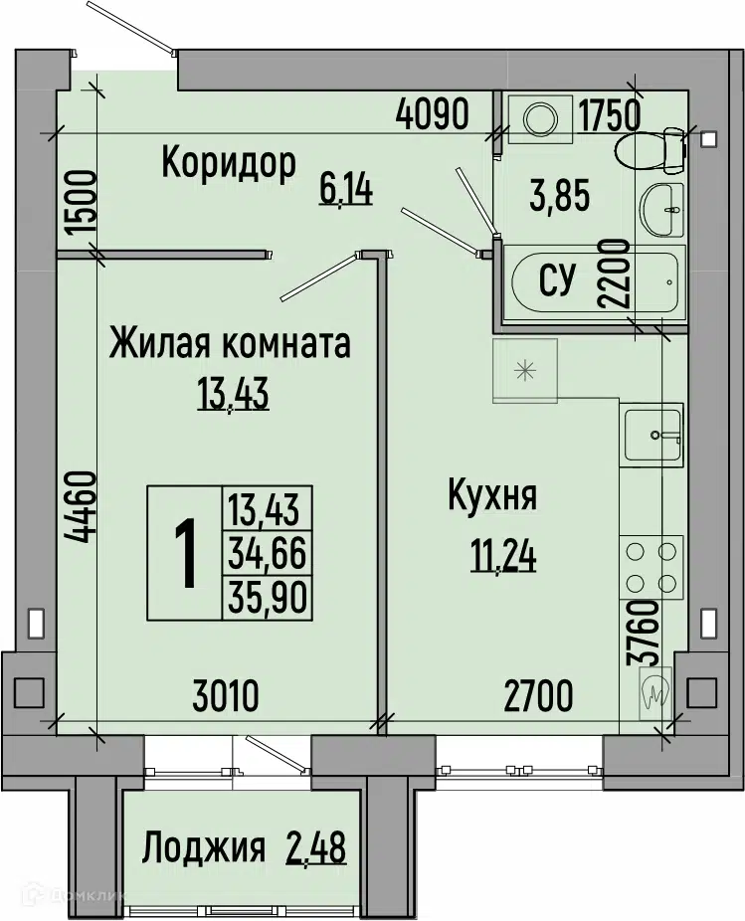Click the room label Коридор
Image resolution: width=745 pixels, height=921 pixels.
pos(229,164)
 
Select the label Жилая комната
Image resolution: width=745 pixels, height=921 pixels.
pos(230,343)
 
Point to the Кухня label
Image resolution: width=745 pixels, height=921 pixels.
pos(492,498)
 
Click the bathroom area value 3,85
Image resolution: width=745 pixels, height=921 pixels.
pos(559,196)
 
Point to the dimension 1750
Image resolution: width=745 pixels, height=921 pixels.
pos(609,115)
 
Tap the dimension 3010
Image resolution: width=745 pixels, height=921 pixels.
pos(226,696)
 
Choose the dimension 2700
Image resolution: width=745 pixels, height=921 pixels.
pos(539,696)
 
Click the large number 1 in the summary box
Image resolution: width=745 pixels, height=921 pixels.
pos(186,554)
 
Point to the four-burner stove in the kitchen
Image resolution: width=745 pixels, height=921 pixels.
pos(651,567)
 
